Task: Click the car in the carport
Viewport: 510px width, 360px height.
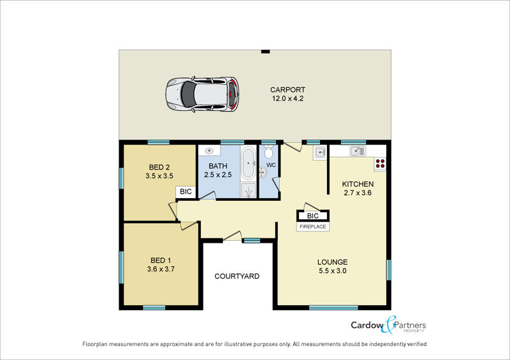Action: click(202, 95)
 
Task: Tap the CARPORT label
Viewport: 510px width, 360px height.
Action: click(288, 89)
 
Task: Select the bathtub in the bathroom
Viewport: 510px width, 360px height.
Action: click(249, 163)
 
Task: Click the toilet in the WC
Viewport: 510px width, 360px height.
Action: click(268, 152)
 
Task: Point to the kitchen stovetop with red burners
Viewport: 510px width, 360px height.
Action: click(380, 163)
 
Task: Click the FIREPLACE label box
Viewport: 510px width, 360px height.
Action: click(313, 227)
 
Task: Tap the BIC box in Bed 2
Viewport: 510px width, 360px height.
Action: click(186, 192)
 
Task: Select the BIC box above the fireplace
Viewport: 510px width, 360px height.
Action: click(312, 216)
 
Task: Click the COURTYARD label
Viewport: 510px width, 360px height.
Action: click(237, 276)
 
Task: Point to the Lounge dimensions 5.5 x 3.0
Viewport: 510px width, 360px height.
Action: click(332, 271)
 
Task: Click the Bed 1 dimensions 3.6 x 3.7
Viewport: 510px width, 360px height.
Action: click(161, 269)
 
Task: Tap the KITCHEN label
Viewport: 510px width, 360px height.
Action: click(358, 184)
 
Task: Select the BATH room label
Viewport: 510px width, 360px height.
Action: click(218, 166)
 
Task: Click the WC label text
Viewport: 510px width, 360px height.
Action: click(271, 165)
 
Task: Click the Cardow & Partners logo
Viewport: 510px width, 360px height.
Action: click(388, 325)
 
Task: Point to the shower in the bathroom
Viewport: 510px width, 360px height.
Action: click(249, 190)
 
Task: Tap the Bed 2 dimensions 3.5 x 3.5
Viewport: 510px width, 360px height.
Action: click(159, 176)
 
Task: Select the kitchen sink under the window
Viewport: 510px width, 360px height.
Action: click(358, 151)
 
